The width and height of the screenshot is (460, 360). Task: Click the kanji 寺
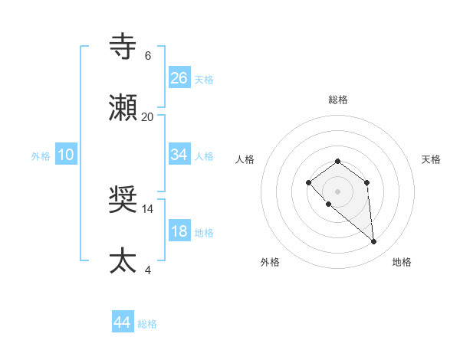click(123, 47)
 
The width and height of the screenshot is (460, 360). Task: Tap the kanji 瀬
click(123, 108)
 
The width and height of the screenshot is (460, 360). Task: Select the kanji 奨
click(123, 200)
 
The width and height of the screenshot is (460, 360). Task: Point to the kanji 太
click(123, 261)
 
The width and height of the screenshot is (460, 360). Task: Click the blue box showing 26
click(179, 77)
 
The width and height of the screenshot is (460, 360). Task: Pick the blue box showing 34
click(179, 155)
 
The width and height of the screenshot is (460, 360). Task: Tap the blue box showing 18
click(179, 231)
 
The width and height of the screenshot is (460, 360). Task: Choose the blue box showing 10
click(66, 155)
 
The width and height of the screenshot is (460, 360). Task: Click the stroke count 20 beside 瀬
click(148, 116)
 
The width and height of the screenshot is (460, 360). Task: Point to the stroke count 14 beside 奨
click(148, 208)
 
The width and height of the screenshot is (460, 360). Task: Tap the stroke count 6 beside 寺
click(148, 56)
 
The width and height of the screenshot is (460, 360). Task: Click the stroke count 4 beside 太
click(148, 270)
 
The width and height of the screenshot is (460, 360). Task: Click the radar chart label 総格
click(337, 100)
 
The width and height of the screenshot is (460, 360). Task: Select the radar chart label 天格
click(431, 159)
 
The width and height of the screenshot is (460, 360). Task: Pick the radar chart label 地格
click(402, 262)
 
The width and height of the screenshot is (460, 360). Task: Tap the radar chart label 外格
click(270, 262)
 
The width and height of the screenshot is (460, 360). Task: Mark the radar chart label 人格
click(245, 159)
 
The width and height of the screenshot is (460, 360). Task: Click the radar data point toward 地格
click(374, 242)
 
